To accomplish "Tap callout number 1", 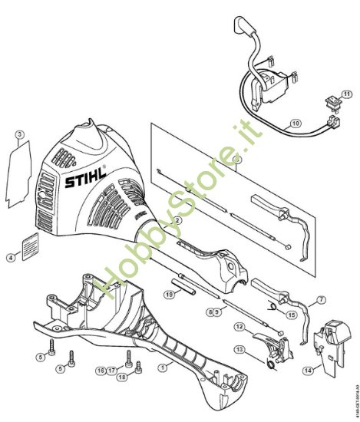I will click(162, 368).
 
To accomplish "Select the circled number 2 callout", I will click(177, 219).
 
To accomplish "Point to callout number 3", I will click(21, 135).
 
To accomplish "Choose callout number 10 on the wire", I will click(296, 122).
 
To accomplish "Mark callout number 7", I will click(322, 300).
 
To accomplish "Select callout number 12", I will click(239, 328).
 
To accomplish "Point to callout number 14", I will click(309, 370).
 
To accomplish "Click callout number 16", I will click(100, 370).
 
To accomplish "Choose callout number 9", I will click(220, 312).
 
